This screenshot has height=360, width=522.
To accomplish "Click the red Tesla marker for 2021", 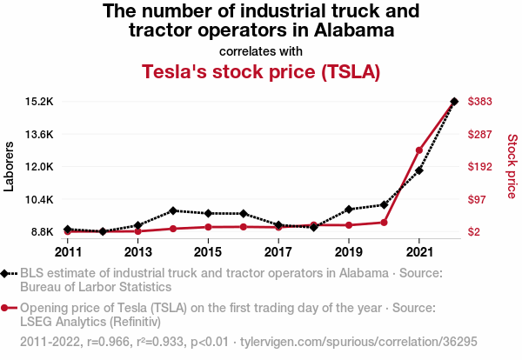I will point(419,150).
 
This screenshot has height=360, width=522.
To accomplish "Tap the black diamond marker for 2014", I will point(173,210).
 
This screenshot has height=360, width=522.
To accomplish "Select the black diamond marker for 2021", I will point(419,170).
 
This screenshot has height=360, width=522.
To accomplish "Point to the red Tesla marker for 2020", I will point(384,223).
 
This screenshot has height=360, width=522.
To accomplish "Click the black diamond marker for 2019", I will point(349,210).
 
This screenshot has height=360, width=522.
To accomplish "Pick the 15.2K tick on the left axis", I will point(39,102).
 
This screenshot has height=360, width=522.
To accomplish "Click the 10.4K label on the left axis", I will point(39,200).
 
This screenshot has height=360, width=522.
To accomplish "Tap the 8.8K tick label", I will point(42,232).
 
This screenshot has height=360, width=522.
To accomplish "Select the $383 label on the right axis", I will point(481,102).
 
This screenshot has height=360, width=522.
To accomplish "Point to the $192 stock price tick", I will point(481,167).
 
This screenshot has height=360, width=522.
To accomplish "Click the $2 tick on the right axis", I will point(475,232).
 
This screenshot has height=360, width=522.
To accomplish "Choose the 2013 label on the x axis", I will point(138,252).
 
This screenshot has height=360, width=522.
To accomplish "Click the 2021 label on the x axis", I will point(419,252).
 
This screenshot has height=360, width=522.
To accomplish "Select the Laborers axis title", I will point(10,167).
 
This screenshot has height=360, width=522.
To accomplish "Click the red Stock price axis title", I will point(512,165).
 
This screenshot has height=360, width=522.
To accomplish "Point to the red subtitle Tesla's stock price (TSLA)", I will point(261,71).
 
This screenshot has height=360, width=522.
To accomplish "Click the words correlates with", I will point(261,50).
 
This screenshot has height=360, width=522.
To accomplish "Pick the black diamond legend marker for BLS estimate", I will point(7,273).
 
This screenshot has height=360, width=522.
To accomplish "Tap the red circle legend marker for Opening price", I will point(7,308).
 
